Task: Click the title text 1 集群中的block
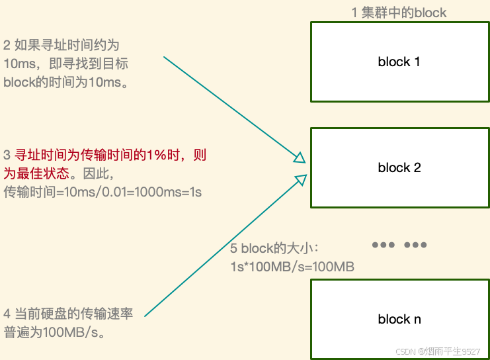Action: coord(399,13)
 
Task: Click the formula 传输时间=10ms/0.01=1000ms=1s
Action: coord(102,193)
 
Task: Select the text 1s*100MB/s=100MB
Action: coord(292,267)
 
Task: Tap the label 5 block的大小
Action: coord(274,249)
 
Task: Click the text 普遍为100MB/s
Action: coord(55,332)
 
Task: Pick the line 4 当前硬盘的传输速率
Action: coord(68,314)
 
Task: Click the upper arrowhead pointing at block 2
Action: coord(300,157)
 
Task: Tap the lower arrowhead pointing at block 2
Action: coord(301,178)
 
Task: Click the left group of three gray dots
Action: coord(384,245)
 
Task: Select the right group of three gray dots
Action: coord(415,245)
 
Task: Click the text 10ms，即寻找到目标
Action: coord(65,64)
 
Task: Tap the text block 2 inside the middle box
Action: coord(399,167)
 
